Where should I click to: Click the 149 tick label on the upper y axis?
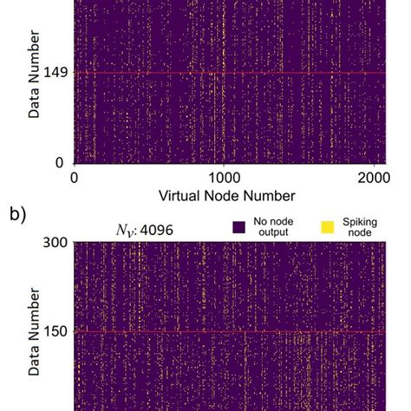[53, 74]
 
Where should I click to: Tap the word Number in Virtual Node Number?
[269, 196]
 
